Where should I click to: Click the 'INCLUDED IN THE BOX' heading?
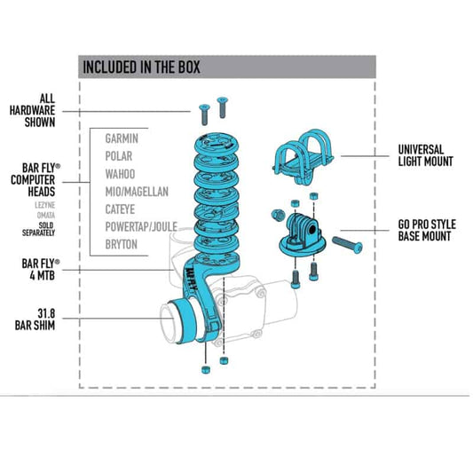coord(141,67)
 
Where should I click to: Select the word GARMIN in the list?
coord(122,138)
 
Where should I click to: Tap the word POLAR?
coord(119,156)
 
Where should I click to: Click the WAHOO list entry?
coord(120,174)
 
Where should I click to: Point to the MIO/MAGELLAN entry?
coord(137,192)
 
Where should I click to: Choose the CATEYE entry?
coord(120,209)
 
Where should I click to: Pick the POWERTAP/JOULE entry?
coord(141,226)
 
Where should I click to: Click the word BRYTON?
coord(122,244)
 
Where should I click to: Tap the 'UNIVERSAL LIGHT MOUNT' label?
coord(425,155)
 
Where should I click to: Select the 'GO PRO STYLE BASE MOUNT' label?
coord(427,230)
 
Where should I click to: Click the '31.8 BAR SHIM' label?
coord(35,319)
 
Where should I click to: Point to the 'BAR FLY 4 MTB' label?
coord(41,270)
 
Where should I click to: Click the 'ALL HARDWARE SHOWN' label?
coord(32,110)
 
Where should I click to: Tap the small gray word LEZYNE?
coord(45,205)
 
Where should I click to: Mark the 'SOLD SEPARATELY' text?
coord(39,229)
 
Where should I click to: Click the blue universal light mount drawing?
coord(303,157)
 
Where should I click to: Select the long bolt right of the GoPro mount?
coord(347,245)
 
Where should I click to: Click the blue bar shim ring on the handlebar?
coord(185,320)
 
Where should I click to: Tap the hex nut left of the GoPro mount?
coord(278,215)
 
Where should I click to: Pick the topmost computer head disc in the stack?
coord(216,146)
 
